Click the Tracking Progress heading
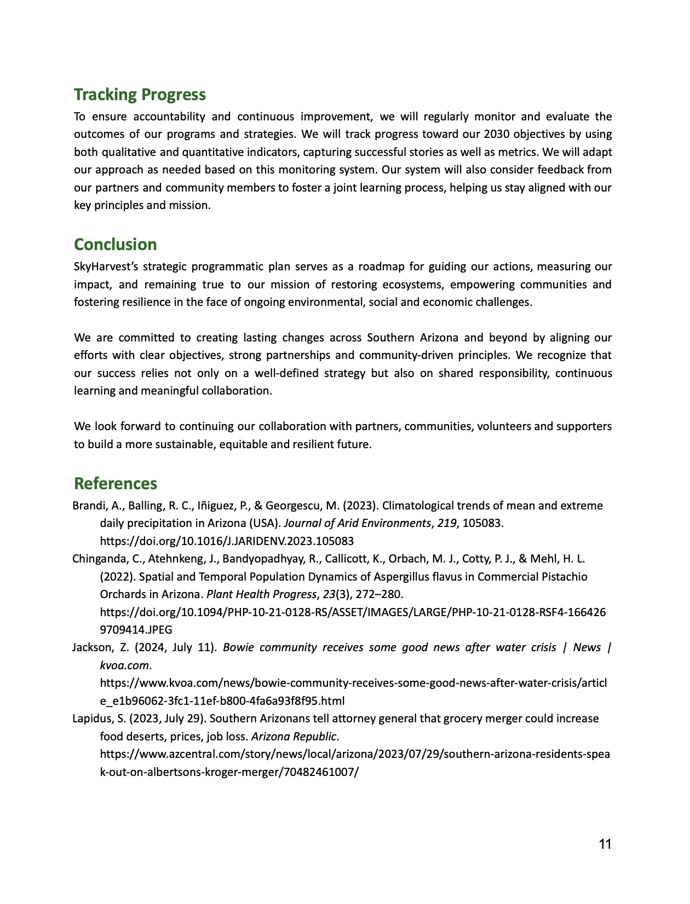(x=140, y=95)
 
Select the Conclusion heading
(x=115, y=245)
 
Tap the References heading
(x=115, y=484)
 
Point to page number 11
(x=605, y=844)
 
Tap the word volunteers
(x=504, y=426)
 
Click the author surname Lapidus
(x=90, y=718)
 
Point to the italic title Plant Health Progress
(x=261, y=594)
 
